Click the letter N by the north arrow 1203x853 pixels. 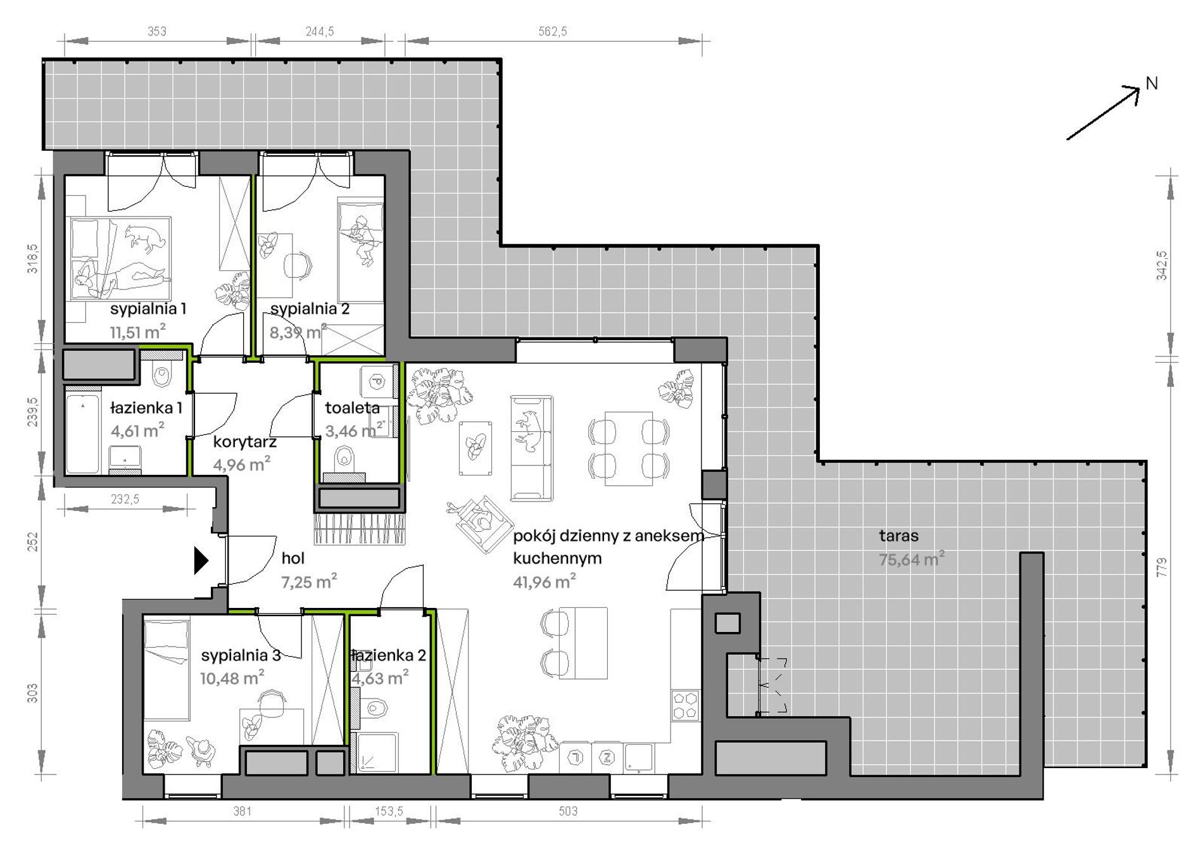coord(1152,84)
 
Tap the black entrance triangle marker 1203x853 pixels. coord(201,560)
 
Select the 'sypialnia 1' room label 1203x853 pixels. coord(148,309)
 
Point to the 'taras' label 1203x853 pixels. coord(898,536)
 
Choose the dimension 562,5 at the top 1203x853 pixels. coord(553,31)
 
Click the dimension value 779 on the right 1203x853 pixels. coord(1161,567)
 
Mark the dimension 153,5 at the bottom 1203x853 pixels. coord(389,811)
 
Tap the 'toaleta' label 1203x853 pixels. coord(353,408)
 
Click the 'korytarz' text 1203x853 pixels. coord(244,442)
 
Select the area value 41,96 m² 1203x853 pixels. coord(545,581)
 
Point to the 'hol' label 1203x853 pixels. coord(293,558)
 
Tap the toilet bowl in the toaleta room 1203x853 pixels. coord(345,456)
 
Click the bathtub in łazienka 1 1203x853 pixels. coord(83,434)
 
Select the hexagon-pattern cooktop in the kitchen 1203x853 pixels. coord(686,705)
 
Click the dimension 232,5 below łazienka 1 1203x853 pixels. coord(125,499)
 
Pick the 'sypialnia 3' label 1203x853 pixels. coord(241,655)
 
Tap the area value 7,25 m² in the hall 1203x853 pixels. coord(309,581)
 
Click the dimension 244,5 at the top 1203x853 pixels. coord(320,31)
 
